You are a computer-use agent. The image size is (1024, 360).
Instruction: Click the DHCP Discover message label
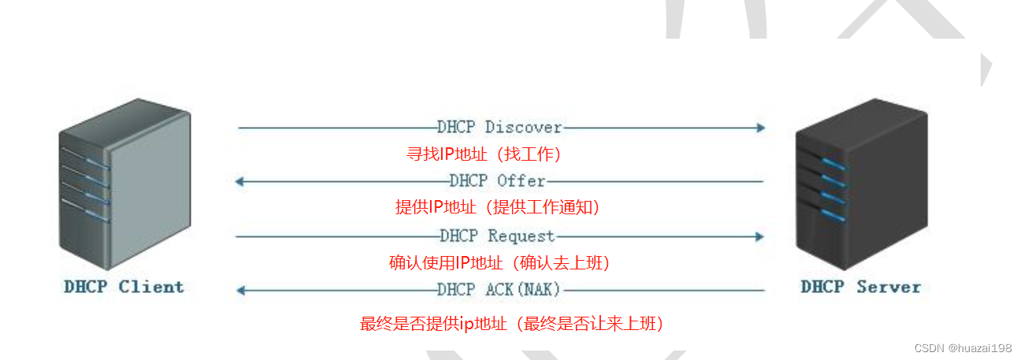click(499, 127)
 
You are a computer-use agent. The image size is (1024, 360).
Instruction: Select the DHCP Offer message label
click(498, 181)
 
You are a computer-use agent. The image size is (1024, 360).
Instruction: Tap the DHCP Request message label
click(498, 236)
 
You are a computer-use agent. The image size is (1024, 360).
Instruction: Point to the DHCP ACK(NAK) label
click(499, 290)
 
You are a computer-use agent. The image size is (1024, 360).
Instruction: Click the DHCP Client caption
click(124, 287)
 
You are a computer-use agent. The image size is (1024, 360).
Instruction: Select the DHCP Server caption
click(861, 287)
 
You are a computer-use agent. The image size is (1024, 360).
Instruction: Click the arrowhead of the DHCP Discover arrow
click(760, 127)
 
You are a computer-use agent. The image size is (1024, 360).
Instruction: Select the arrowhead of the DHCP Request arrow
click(760, 236)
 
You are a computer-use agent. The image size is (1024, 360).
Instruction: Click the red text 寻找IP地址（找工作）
click(484, 154)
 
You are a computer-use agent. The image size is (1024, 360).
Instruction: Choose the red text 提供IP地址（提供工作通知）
click(498, 207)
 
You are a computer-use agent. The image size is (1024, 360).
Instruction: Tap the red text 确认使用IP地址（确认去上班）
click(499, 262)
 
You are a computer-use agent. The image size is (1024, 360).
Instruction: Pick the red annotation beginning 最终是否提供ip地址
click(511, 323)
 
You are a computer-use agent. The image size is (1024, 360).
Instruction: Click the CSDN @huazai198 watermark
click(963, 347)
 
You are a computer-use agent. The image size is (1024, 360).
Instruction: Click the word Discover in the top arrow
click(523, 127)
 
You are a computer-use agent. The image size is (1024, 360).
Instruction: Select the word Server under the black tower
click(889, 287)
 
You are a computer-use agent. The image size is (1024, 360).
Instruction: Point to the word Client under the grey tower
click(151, 287)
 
